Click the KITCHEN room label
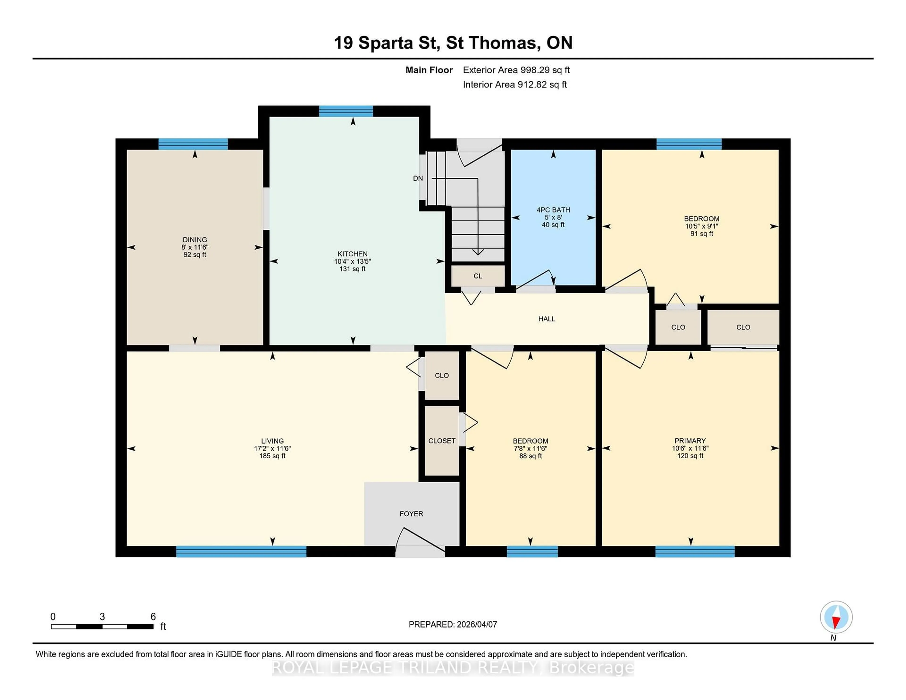pos(352,254)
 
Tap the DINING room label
pos(195,240)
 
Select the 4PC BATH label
pos(553,210)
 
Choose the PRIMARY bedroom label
pos(690,441)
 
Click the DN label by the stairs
pos(418,178)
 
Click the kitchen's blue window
pos(346,111)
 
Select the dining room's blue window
pos(193,144)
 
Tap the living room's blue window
pos(241,551)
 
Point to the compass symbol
pos(836,617)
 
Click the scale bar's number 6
pos(153,617)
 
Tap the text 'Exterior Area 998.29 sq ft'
pos(516,70)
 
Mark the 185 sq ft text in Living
pos(272,456)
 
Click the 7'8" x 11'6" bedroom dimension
pos(530,448)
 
